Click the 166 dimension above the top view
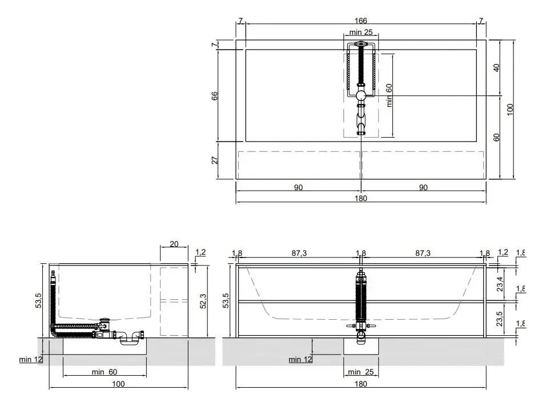361,21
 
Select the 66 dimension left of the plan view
215,95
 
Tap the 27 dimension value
215,160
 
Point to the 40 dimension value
496,67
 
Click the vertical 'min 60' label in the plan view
389,95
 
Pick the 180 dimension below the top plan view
361,198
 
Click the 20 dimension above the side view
174,244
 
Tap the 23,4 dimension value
500,282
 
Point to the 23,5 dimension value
500,318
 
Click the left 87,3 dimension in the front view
299,253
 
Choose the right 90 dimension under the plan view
423,187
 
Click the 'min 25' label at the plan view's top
360,33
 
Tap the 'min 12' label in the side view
30,359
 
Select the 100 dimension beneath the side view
118,384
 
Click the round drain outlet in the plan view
361,95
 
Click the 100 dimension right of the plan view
510,108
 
